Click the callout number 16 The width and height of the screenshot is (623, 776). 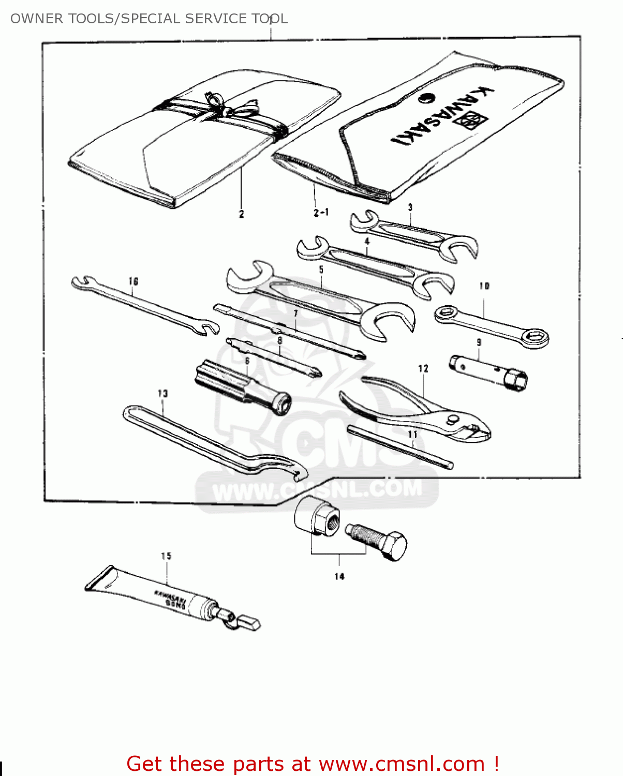click(133, 281)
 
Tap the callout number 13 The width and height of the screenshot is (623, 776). click(163, 394)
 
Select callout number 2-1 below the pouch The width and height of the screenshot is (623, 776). click(321, 212)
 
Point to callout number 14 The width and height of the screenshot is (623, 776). click(339, 576)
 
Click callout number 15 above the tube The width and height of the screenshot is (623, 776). click(166, 556)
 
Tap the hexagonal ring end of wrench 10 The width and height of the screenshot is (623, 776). click(533, 338)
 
